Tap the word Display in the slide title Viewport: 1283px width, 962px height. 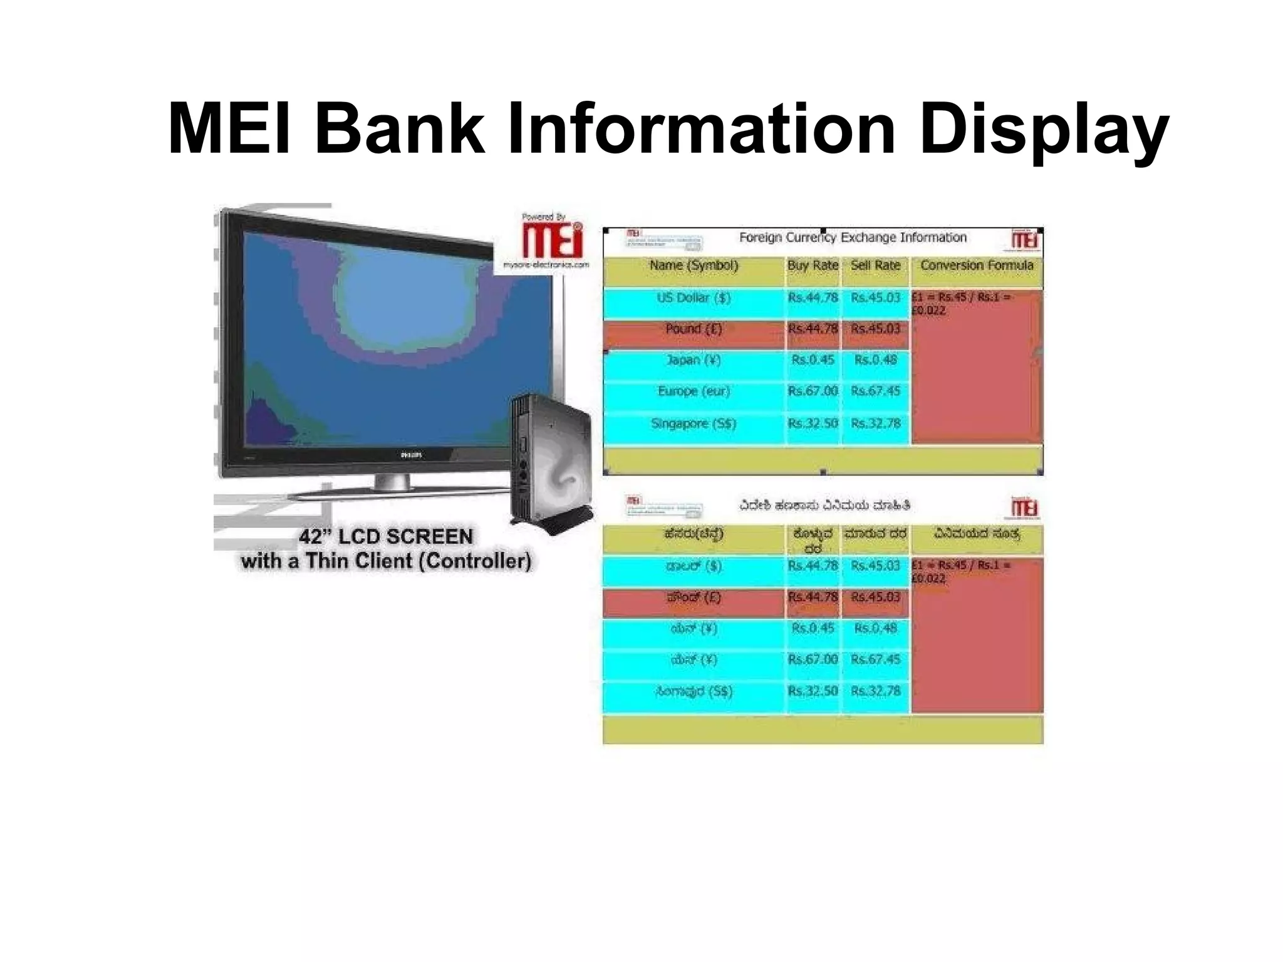point(1043,130)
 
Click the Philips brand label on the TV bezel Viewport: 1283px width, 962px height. point(410,455)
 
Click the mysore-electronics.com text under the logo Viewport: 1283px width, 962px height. point(546,264)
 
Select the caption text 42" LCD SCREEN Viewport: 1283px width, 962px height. point(385,537)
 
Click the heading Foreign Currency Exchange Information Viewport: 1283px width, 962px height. point(853,237)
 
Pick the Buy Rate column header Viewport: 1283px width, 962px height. point(813,266)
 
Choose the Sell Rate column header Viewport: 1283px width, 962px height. point(875,266)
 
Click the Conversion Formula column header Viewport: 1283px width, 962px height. point(976,266)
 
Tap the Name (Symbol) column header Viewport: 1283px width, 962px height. point(693,266)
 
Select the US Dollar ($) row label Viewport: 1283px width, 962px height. point(693,297)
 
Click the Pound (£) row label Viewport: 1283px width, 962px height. point(693,329)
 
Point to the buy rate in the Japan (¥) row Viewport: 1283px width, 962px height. point(813,360)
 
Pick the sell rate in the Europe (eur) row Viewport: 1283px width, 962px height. point(875,391)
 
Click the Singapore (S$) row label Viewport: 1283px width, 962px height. point(693,423)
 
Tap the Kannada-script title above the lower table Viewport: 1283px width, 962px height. point(824,505)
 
